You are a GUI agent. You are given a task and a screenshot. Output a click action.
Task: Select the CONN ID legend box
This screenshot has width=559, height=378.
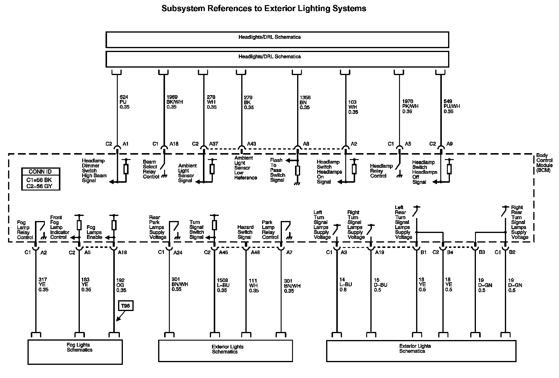click(41, 179)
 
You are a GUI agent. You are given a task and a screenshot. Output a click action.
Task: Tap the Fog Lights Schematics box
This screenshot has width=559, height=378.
click(75, 352)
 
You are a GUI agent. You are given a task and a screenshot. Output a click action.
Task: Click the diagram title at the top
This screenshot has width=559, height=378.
click(264, 8)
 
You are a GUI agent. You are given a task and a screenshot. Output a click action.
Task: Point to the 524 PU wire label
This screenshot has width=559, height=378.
click(124, 102)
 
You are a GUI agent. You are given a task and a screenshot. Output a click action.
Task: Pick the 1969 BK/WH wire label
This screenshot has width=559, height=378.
click(174, 102)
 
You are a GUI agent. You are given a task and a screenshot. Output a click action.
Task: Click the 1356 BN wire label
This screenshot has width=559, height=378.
click(305, 102)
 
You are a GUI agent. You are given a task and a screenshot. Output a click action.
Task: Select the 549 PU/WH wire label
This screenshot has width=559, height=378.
click(452, 106)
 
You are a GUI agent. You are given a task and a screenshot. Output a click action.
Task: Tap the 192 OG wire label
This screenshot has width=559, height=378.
click(121, 285)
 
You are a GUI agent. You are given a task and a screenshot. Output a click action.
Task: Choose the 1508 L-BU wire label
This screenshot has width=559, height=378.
click(223, 285)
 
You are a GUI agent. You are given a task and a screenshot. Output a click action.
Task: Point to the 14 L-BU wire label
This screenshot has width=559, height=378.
click(346, 285)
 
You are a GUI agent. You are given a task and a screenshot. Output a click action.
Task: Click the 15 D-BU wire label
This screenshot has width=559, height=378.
click(380, 285)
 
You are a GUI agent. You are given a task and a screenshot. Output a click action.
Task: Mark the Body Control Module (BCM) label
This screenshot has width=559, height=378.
click(544, 163)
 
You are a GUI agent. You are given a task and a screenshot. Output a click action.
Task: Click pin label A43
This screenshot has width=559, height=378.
click(251, 144)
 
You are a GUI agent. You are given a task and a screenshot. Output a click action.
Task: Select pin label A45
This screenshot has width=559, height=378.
click(223, 252)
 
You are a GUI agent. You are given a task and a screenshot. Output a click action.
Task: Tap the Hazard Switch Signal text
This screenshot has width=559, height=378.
click(245, 232)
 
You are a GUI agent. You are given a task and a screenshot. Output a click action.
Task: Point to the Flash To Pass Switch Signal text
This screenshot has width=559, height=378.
click(277, 170)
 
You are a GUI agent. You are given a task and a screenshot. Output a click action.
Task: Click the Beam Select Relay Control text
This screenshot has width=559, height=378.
click(151, 169)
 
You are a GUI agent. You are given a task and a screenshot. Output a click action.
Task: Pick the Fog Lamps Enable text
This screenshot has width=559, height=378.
click(94, 232)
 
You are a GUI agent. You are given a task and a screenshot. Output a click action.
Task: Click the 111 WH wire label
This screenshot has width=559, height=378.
click(253, 286)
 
